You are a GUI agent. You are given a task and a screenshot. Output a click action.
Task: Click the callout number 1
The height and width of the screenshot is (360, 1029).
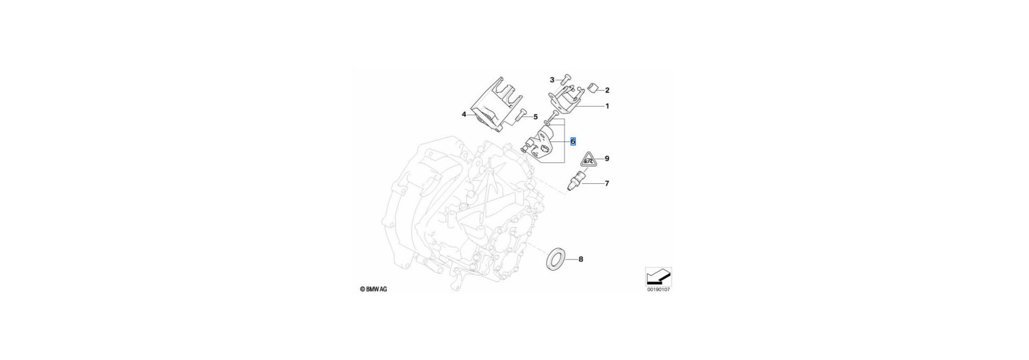[x=607, y=106]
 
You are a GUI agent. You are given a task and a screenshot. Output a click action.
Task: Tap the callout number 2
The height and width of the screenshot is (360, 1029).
[x=607, y=91]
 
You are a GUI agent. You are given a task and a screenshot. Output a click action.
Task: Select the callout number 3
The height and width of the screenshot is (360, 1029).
[x=552, y=80]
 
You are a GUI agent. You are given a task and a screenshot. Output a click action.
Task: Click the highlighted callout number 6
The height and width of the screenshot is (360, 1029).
[x=573, y=142]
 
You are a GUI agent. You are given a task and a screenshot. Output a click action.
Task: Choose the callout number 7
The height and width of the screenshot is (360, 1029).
[x=607, y=184]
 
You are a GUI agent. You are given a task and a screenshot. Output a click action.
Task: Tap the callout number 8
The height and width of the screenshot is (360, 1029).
[x=580, y=259]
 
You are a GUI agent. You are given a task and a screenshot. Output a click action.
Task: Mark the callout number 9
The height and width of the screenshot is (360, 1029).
[x=607, y=159]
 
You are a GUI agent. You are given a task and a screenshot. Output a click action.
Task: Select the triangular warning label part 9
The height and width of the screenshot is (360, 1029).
[x=588, y=160]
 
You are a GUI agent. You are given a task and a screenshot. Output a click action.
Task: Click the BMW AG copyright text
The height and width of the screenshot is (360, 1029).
[x=373, y=289]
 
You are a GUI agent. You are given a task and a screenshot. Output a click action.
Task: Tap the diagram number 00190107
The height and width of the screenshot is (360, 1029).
[x=659, y=290]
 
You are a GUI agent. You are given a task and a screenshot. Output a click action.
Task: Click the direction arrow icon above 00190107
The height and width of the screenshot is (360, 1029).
[x=659, y=276]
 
